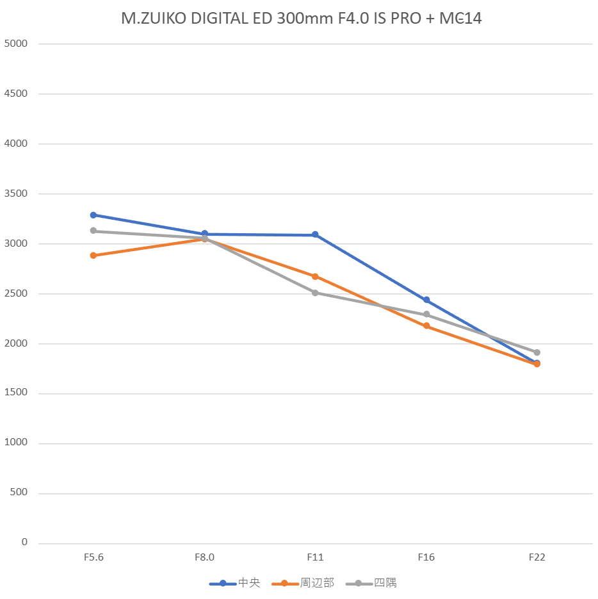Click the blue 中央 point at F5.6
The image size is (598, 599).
(93, 215)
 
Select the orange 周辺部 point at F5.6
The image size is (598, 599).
(93, 256)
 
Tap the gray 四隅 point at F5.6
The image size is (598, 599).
(93, 231)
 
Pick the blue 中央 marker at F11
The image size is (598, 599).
(315, 235)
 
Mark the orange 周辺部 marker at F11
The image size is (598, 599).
(315, 277)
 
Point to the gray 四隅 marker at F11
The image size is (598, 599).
(315, 293)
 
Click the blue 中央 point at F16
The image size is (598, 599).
(426, 300)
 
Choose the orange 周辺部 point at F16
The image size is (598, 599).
(426, 326)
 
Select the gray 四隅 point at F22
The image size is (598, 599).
(537, 352)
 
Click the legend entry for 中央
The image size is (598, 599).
(235, 583)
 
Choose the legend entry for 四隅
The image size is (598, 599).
(371, 583)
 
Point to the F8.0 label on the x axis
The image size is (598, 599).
(204, 557)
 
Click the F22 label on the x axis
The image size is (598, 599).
(537, 557)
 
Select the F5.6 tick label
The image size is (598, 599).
(93, 557)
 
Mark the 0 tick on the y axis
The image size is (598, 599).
(24, 543)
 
